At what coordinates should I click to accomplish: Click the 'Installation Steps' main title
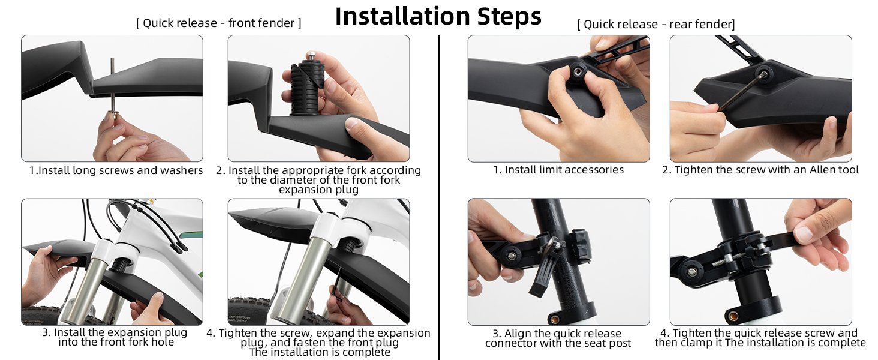(438, 16)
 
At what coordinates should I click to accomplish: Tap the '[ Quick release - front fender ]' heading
(219, 23)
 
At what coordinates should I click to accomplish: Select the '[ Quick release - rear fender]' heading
(656, 25)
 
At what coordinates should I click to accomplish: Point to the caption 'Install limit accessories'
(564, 170)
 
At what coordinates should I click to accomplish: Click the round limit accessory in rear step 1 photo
(578, 73)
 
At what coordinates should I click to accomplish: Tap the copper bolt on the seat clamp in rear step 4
(732, 315)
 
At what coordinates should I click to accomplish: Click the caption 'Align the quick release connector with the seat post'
(558, 338)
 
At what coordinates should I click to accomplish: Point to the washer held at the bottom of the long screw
(113, 116)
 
